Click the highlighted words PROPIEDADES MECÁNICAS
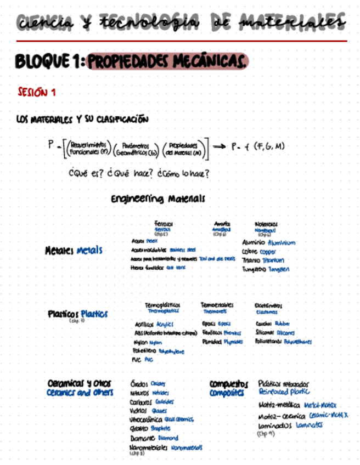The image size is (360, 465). [168, 61]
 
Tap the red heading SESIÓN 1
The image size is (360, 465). [36, 93]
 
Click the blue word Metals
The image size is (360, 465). [89, 251]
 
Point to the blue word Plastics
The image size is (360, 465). [94, 314]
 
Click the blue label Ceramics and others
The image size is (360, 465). [80, 393]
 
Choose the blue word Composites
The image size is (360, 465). [226, 394]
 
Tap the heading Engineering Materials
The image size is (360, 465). [158, 198]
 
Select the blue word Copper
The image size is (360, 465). [272, 252]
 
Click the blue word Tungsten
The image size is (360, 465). [279, 269]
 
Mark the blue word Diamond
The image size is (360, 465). [167, 438]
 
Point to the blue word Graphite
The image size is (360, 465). [160, 429]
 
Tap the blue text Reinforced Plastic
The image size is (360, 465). [284, 392]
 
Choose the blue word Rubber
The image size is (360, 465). [283, 324]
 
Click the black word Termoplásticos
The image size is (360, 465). [162, 304]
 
